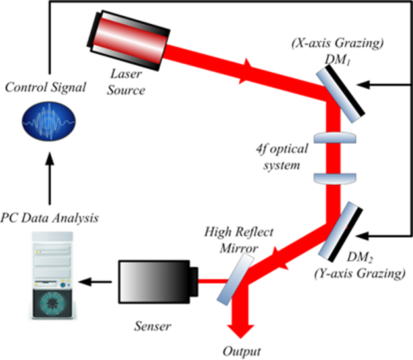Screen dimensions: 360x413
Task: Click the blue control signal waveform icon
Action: click(49, 122)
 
